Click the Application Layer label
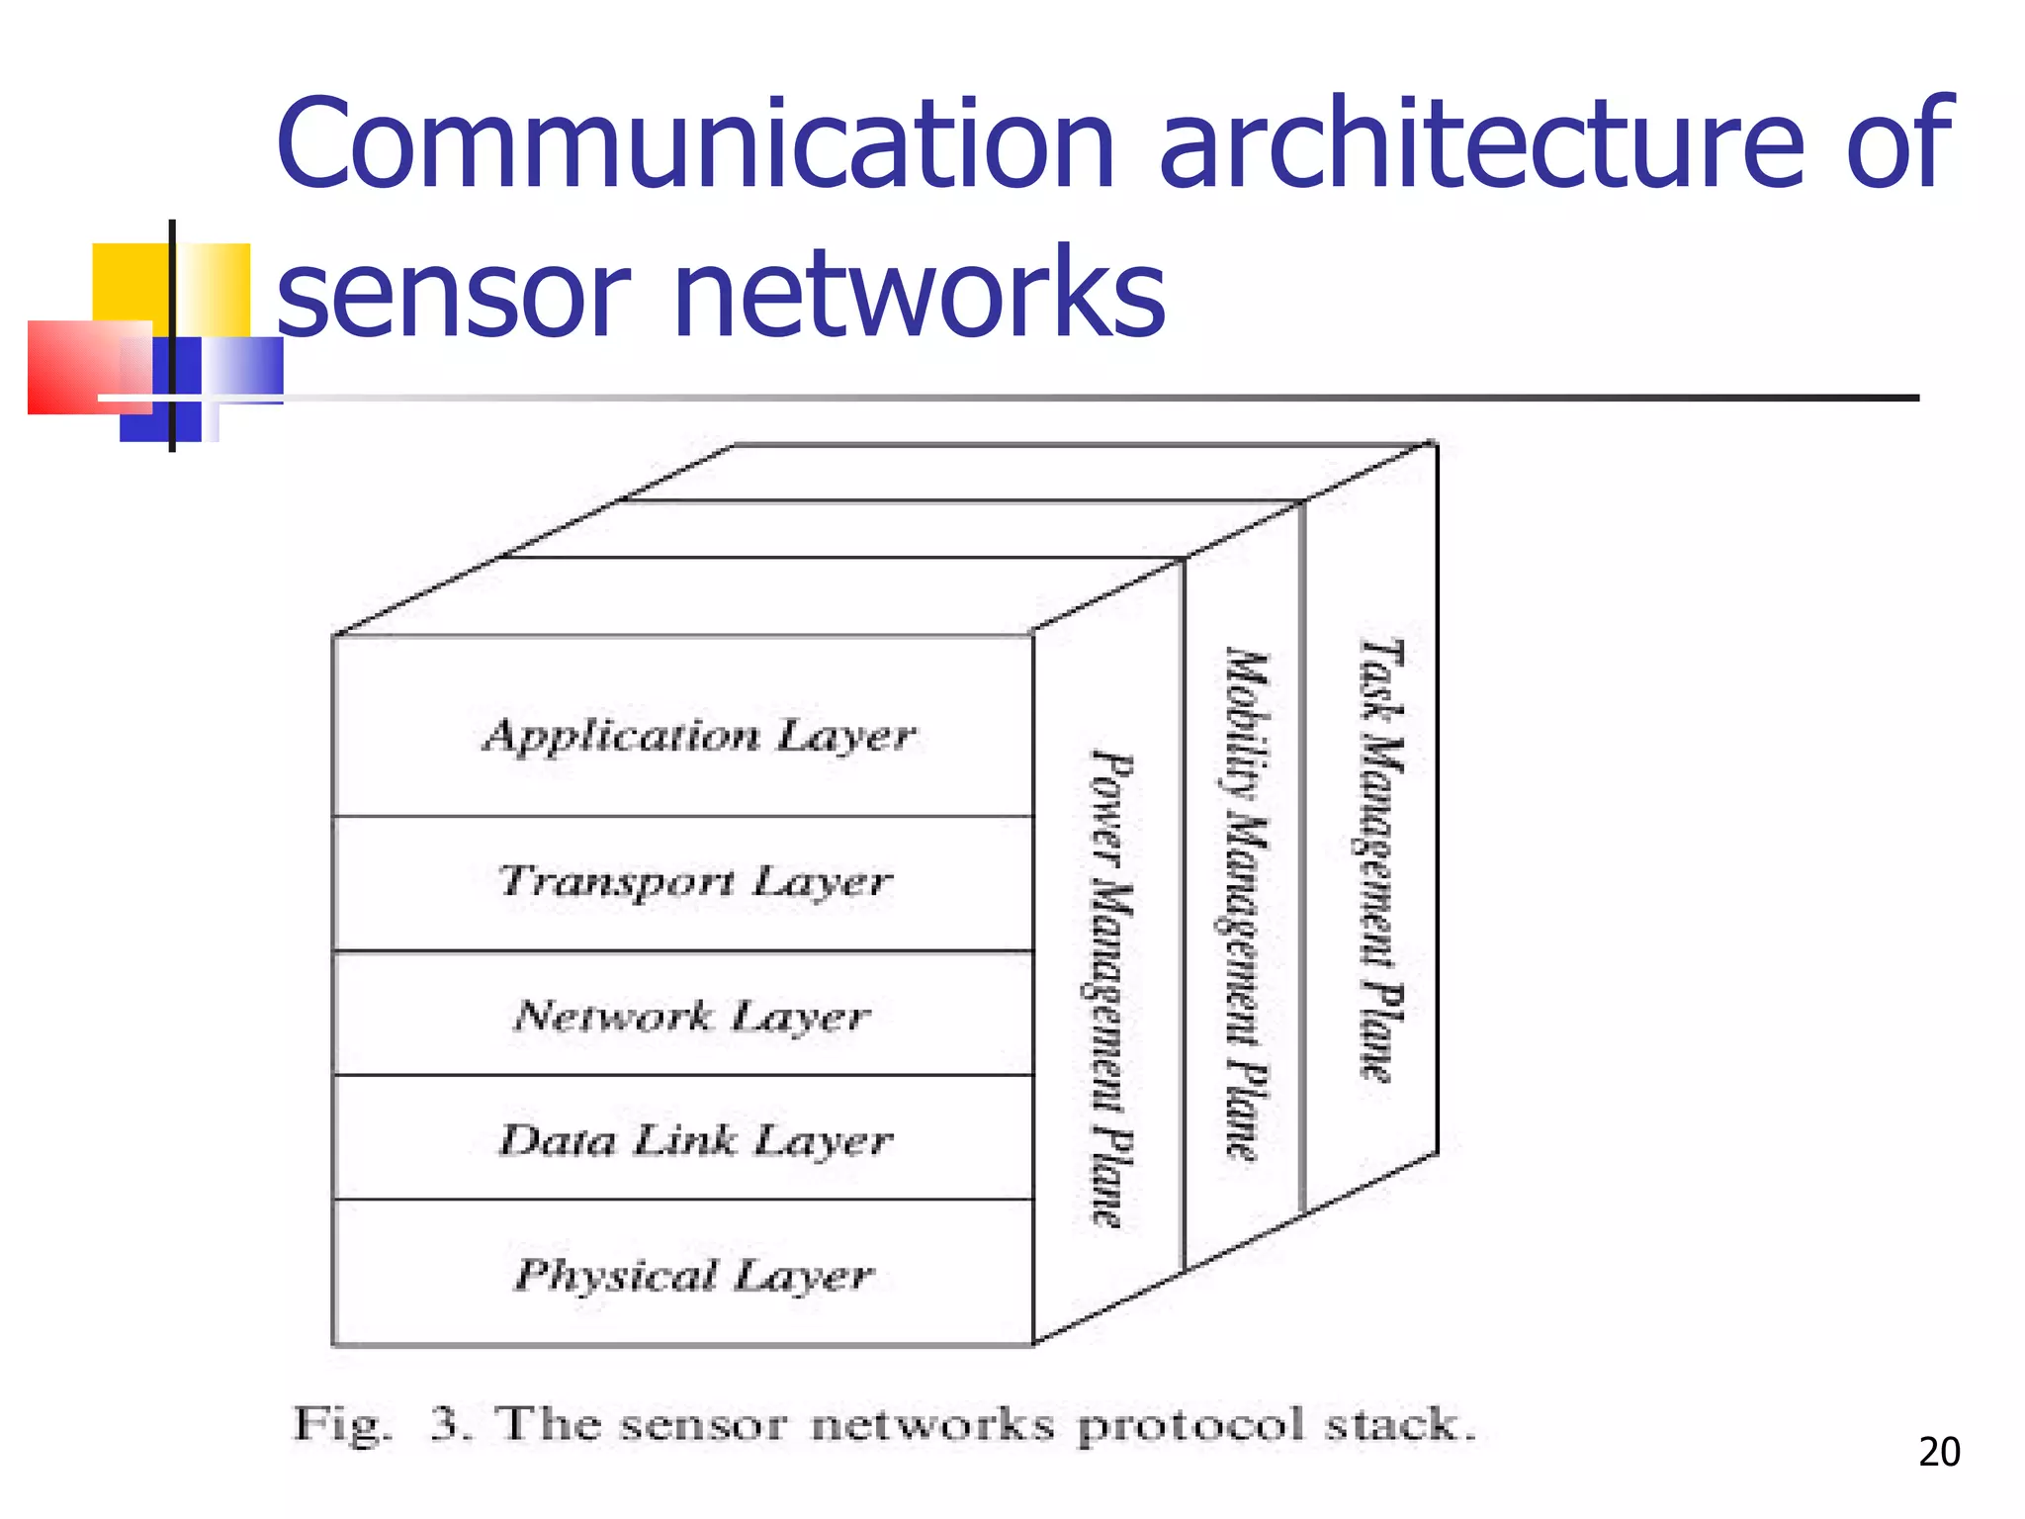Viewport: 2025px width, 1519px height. pos(699,736)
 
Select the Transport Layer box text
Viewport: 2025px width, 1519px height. pos(695,881)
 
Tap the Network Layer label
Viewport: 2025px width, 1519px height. pos(692,1016)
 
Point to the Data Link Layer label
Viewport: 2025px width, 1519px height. pos(695,1140)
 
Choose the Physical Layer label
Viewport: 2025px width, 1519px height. pos(694,1275)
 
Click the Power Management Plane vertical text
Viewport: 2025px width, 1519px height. pos(1110,989)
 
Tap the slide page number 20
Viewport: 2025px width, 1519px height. pos(1938,1452)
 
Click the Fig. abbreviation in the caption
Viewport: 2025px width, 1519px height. pos(341,1426)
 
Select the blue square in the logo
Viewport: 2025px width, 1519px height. pos(158,391)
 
